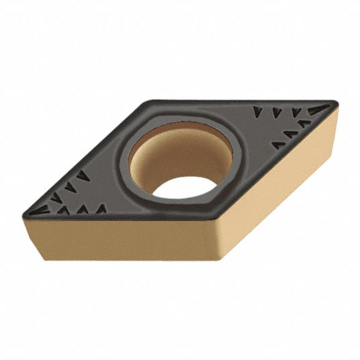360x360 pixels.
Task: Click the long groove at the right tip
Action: tap(318, 108)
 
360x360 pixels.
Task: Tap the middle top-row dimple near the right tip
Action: tap(277, 111)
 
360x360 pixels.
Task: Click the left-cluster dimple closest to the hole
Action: tap(83, 175)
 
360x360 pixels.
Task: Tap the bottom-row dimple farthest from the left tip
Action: tap(101, 210)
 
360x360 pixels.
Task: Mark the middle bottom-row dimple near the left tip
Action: tap(82, 210)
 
